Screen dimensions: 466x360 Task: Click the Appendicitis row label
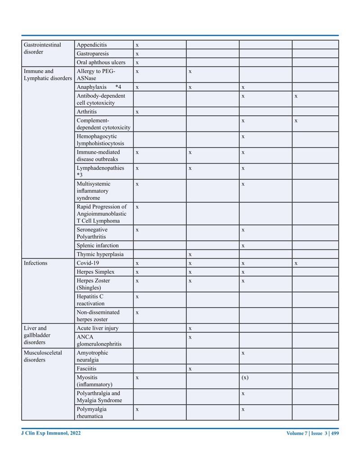pos(92,45)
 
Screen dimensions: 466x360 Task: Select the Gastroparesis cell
pos(92,54)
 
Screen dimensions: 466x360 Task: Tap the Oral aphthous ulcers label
pos(101,63)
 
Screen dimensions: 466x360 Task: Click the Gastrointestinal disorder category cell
pos(42,48)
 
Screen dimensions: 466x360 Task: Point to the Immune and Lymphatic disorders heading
pos(47,75)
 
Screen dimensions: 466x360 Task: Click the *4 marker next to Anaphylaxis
pos(118,87)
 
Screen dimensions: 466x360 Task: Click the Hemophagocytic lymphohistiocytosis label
pos(100,140)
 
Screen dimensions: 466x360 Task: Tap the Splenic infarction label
pos(98,245)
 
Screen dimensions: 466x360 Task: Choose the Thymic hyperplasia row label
pos(100,254)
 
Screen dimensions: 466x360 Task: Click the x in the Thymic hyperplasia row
pos(190,254)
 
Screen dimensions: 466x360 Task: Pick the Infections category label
pos(36,263)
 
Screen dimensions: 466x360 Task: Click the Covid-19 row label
pos(88,263)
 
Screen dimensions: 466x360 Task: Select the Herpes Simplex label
pos(95,272)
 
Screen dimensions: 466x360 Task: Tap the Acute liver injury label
pos(98,328)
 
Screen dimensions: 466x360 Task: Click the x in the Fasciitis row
pos(190,369)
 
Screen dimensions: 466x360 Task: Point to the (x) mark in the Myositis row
pos(244,378)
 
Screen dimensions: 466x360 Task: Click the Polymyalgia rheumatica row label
pos(91,412)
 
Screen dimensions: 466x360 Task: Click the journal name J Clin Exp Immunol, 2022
pos(51,433)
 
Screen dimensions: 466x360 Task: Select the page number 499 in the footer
pos(335,434)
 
